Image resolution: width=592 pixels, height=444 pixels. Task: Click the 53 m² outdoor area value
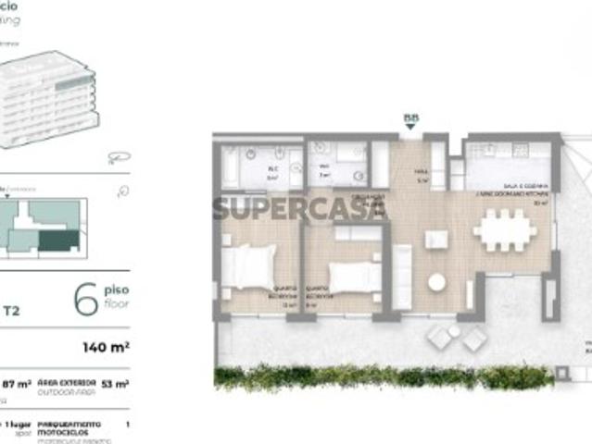tap(116, 383)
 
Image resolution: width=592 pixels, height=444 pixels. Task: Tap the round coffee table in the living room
tap(436, 282)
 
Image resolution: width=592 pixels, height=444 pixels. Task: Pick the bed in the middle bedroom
tap(354, 276)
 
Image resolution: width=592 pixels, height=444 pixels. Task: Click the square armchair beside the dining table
tap(435, 240)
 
